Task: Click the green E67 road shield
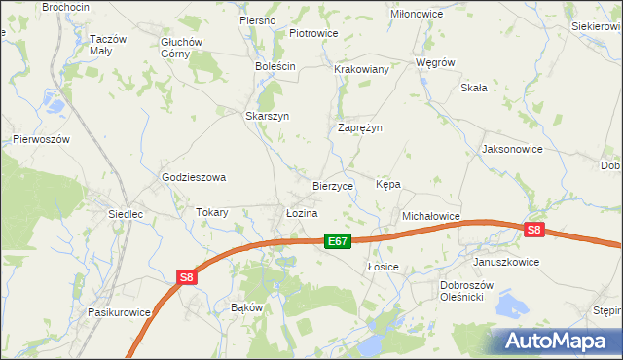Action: click(337, 241)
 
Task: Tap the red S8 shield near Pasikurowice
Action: click(188, 277)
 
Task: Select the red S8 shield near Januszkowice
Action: click(533, 230)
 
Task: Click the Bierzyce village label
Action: click(332, 185)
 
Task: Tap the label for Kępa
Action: click(388, 184)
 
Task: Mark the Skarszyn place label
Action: click(267, 115)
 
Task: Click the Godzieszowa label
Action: click(194, 177)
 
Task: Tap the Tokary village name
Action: click(211, 212)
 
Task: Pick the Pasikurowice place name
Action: click(119, 312)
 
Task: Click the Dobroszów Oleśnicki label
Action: click(468, 291)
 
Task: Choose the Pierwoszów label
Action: click(42, 139)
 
